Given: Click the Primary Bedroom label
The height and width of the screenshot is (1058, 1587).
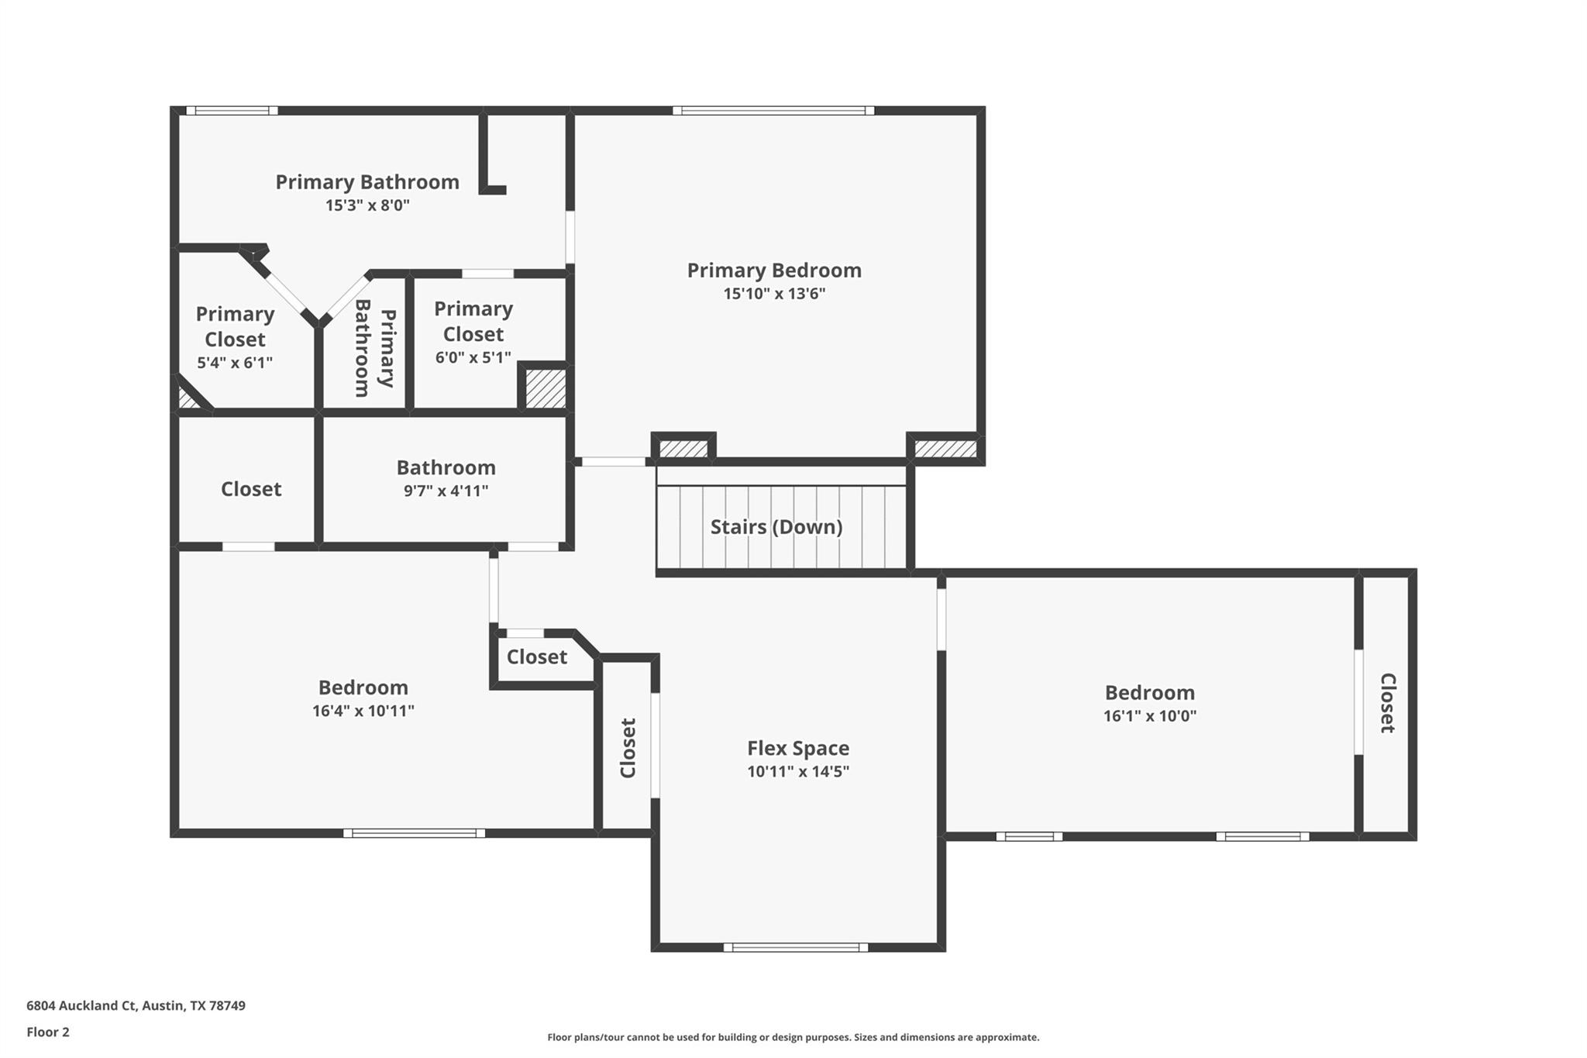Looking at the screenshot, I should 773,271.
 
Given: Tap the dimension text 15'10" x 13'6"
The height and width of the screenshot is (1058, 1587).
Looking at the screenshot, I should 773,294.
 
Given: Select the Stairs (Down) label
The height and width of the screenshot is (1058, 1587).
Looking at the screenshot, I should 776,527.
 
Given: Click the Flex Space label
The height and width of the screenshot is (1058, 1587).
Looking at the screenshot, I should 797,748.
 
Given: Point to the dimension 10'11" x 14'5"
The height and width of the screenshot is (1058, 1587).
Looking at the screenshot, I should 797,771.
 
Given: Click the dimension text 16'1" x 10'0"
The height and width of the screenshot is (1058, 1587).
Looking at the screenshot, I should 1149,715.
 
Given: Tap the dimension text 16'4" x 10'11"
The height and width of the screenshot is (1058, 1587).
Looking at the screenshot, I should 363,711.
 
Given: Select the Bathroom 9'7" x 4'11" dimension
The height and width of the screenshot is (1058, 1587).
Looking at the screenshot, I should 446,491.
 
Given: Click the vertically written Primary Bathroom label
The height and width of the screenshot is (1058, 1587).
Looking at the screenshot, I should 375,348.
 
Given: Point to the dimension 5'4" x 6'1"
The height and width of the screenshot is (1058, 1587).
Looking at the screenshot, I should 234,362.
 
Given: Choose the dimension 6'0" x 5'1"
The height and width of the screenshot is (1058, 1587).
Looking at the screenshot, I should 473,357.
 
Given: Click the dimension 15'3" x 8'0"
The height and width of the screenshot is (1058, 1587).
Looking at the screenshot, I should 367,205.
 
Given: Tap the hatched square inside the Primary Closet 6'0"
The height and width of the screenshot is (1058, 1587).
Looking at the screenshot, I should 546,388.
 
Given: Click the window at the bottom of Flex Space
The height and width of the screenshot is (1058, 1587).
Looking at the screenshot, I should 796,947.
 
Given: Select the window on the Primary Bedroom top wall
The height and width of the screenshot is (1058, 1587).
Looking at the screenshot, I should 773,111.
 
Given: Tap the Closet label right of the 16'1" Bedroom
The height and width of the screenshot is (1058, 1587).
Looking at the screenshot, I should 1387,702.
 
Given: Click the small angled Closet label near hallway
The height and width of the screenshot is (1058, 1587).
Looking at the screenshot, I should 536,657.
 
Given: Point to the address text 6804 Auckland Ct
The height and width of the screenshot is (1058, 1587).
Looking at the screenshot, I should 136,1005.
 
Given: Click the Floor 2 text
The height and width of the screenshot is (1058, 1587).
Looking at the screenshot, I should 48,1032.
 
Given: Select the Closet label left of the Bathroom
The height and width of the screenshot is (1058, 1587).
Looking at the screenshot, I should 251,489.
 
